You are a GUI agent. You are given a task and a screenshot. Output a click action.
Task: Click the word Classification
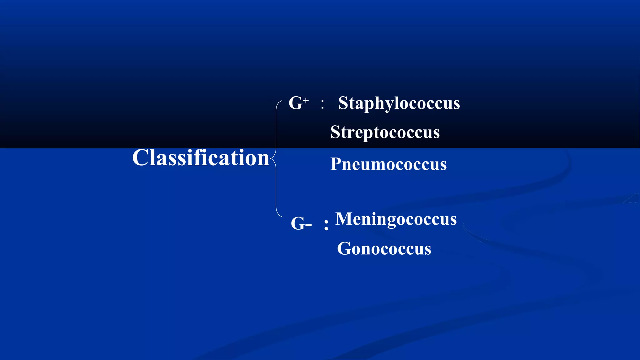201,157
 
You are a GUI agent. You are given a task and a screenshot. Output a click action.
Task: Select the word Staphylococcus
399,103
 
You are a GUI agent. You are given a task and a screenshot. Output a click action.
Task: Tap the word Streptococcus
385,132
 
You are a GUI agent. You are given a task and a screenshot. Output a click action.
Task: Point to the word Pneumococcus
388,164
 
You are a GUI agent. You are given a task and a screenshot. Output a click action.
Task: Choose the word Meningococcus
396,219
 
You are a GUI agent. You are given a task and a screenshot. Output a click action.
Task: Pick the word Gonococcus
384,249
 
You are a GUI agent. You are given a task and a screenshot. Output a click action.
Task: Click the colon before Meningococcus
326,225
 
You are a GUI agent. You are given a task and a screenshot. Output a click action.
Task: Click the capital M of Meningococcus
343,219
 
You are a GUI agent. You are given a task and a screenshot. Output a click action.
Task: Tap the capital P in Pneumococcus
336,164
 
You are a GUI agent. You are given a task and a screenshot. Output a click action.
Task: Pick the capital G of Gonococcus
344,249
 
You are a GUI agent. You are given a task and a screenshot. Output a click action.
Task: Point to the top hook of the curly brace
280,101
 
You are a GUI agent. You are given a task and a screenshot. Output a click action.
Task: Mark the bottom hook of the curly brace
280,216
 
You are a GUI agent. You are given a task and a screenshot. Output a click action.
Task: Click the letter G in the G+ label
295,103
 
